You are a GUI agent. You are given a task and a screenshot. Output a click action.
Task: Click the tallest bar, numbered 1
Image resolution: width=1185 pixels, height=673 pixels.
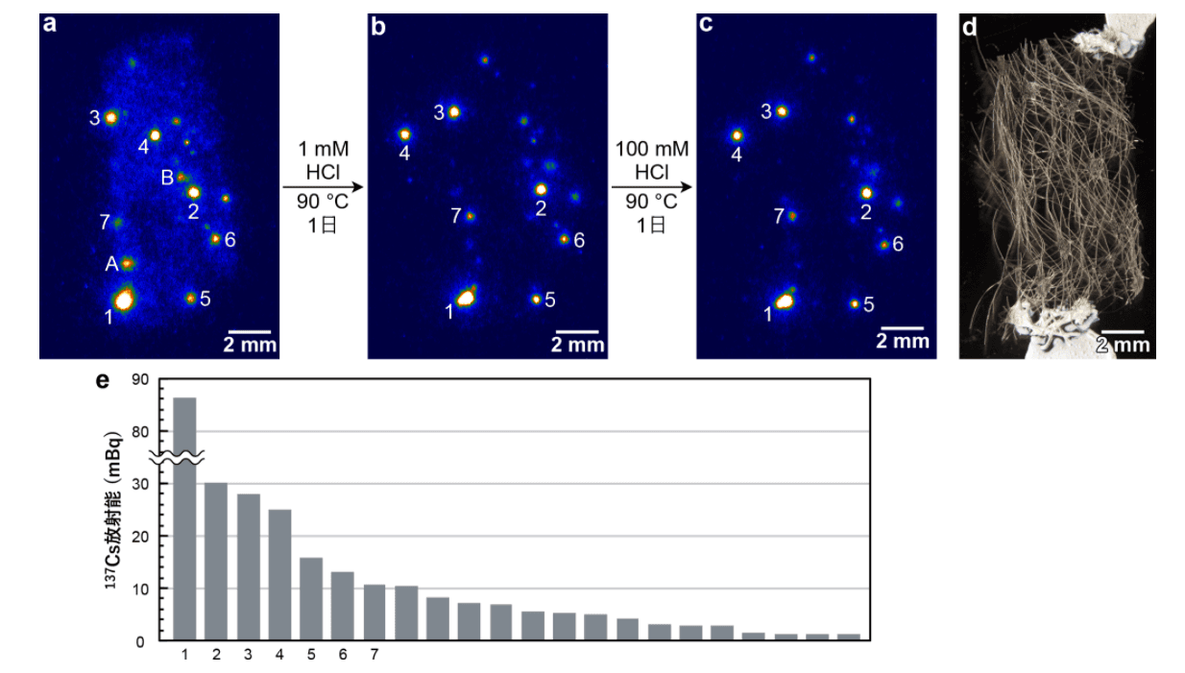coord(184,518)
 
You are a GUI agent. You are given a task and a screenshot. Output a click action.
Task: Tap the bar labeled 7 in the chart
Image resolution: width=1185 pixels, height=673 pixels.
coord(375,612)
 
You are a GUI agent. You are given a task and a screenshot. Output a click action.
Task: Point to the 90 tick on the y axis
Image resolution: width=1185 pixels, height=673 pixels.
coord(141,380)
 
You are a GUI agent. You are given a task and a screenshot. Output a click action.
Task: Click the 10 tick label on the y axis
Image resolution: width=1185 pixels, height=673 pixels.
coord(141,589)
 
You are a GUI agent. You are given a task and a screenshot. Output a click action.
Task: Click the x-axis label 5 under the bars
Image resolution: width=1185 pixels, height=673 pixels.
coord(311,655)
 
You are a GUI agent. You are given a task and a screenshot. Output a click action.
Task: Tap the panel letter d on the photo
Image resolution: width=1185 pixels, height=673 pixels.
coord(969,27)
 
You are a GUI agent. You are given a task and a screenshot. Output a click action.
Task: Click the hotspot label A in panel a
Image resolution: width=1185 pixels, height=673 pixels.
coord(110,263)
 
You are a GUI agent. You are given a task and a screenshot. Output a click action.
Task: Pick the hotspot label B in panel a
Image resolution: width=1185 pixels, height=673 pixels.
coord(167,177)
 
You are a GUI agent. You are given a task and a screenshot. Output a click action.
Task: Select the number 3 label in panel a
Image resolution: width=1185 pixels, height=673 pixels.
coord(94,118)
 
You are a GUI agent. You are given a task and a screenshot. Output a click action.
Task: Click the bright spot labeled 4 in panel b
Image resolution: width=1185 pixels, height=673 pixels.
coord(404,134)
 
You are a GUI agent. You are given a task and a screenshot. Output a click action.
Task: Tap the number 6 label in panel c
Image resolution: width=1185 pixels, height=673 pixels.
coord(898,244)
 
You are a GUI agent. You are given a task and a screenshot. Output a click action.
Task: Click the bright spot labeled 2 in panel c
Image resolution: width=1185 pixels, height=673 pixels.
coord(867,193)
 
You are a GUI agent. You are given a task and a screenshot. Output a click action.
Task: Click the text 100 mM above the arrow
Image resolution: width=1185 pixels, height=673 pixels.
coord(652,149)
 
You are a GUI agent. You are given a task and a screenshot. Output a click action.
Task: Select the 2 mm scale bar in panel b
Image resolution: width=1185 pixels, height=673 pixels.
coord(576,332)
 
